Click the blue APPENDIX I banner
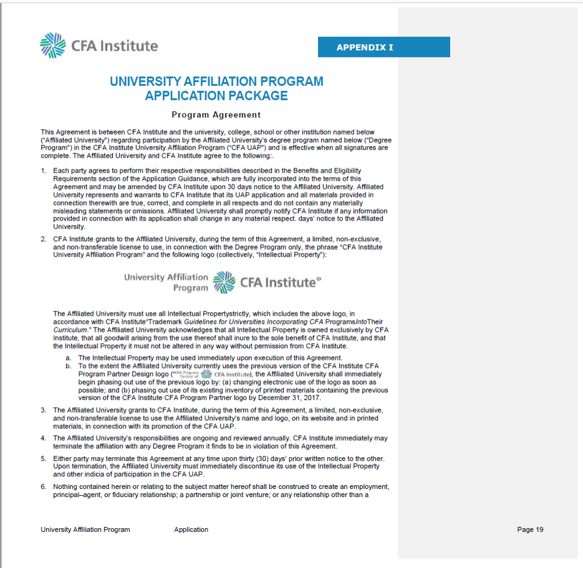tap(383, 47)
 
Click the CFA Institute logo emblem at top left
tap(52, 45)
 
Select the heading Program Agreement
tap(216, 115)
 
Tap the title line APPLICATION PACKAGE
tap(216, 96)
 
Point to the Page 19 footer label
tap(530, 529)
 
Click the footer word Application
tap(191, 529)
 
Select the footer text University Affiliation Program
tap(85, 529)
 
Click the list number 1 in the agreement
tap(44, 171)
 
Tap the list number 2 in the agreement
tap(44, 239)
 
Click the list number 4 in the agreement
tap(44, 438)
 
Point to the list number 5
tap(44, 458)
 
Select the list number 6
tap(44, 486)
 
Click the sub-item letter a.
tap(68, 358)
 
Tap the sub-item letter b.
tap(68, 366)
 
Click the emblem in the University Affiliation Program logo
tap(224, 282)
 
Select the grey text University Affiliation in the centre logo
tap(166, 277)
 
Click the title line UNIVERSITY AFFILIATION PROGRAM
tap(216, 82)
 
